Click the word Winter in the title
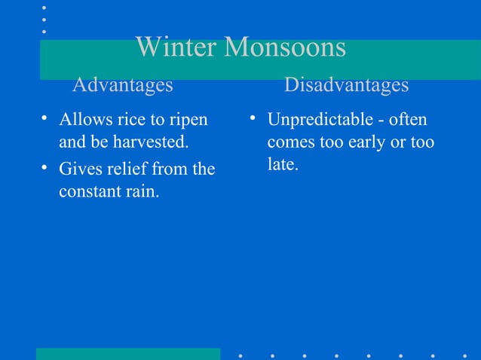point(176,48)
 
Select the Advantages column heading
point(122,85)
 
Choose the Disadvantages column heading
point(346,85)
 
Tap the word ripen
point(186,121)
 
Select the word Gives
point(78,169)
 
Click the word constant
point(87,191)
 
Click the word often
point(409,120)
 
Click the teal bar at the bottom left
point(128,354)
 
